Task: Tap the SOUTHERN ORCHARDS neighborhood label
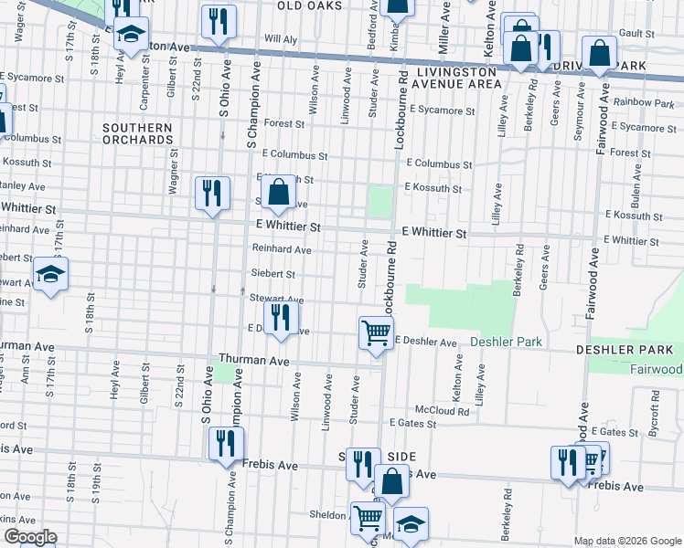[x=137, y=134]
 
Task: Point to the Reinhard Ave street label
[x=282, y=249]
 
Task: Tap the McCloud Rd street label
[x=442, y=411]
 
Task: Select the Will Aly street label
[x=281, y=39]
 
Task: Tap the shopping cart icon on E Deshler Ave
[x=376, y=333]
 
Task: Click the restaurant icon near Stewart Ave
[x=281, y=318]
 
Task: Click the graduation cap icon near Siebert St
[x=51, y=274]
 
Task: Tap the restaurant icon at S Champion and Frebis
[x=225, y=443]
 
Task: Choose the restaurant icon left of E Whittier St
[x=212, y=193]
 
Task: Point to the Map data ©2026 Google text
[x=627, y=541]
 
